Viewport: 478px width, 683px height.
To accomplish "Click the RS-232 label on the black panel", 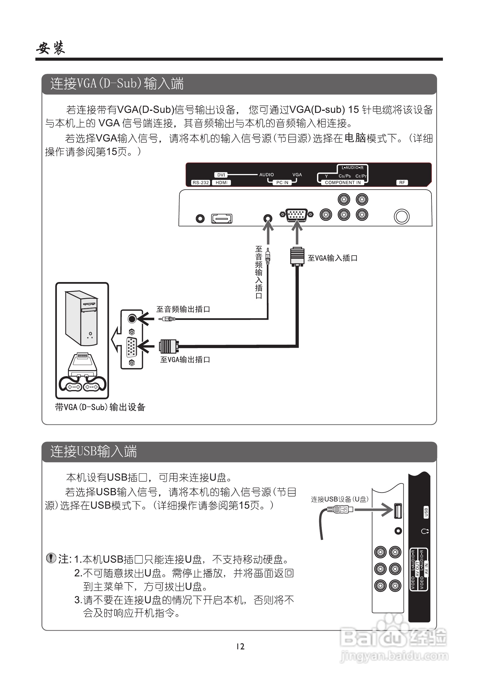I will click(201, 183).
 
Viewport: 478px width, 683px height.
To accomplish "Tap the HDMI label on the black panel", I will click(221, 183).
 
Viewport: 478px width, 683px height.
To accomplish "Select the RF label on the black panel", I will click(402, 183).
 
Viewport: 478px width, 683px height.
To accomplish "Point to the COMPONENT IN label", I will click(343, 183).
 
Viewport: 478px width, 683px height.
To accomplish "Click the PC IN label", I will click(282, 183).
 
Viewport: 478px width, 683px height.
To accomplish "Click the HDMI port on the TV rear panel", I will click(221, 219).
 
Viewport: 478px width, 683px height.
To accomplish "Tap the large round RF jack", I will click(401, 217).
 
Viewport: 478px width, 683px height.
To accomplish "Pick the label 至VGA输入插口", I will click(333, 258).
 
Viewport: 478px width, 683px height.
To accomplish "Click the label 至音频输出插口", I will click(183, 309).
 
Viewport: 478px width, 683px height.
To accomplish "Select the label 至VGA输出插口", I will click(185, 360).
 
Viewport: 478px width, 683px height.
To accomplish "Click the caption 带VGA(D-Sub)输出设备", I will click(100, 407).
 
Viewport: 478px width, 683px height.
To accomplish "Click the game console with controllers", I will click(82, 373).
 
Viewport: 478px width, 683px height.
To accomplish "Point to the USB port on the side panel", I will click(398, 511).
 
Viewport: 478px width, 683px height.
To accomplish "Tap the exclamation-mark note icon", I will click(51, 558).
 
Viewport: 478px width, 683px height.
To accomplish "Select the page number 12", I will click(240, 647).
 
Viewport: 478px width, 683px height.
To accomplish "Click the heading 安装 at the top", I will click(51, 48).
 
